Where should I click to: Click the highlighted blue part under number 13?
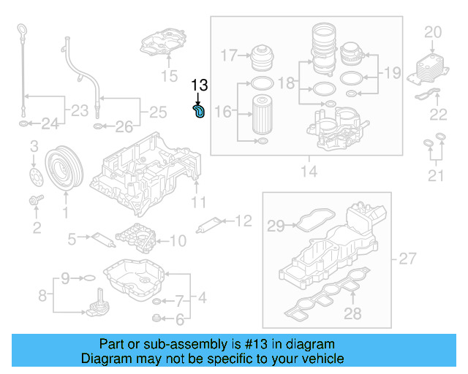click(x=200, y=111)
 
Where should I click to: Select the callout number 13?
click(x=199, y=86)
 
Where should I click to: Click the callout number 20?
click(x=433, y=31)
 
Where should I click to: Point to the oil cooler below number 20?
click(x=430, y=67)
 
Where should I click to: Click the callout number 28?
click(x=353, y=314)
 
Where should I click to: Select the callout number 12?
click(x=243, y=219)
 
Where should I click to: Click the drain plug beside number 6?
click(x=156, y=318)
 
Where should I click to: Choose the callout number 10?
click(x=178, y=240)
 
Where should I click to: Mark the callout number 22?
click(x=438, y=113)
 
